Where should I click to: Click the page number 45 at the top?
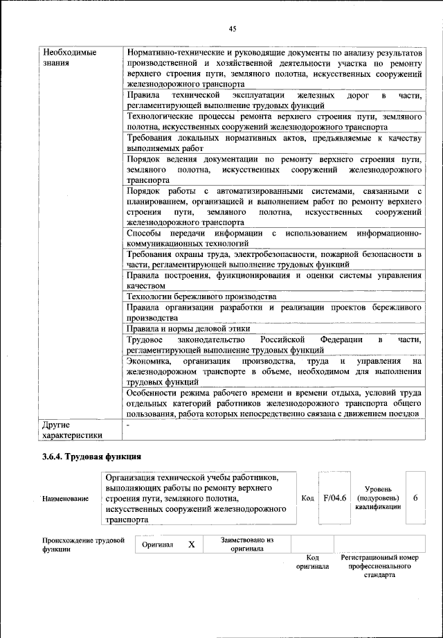coord(233,28)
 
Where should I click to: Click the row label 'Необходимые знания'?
coord(69,57)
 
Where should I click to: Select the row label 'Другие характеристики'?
coord(72,429)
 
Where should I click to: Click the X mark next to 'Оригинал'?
coord(192,545)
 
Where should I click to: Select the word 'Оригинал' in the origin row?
coord(157,545)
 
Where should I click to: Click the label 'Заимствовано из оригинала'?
coord(247,544)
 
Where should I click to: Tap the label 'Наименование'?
coord(65,499)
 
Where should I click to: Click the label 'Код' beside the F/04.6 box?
coord(308,498)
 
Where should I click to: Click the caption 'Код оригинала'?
coord(311,561)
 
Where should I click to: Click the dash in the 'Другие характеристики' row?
coord(128,424)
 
